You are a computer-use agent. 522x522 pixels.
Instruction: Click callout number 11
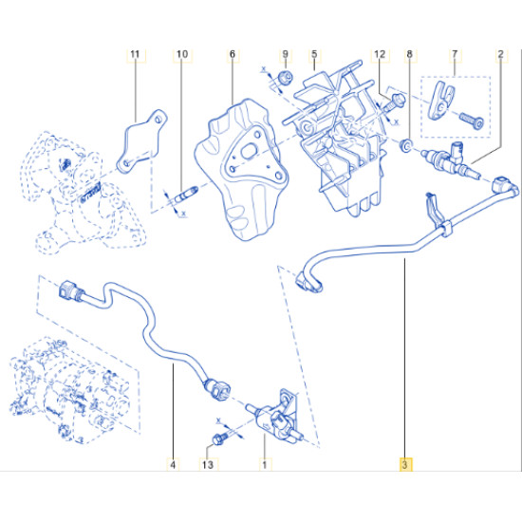[x=135, y=54]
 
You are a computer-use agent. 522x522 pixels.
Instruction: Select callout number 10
[x=182, y=54]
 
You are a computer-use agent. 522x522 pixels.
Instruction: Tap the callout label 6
[x=233, y=54]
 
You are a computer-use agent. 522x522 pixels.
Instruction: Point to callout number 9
[x=286, y=54]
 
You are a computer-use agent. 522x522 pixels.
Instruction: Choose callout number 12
[x=380, y=54]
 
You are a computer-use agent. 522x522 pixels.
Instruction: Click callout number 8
[x=409, y=54]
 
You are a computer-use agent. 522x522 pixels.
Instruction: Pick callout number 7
[x=455, y=54]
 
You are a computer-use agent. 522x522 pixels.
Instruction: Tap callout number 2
[x=501, y=54]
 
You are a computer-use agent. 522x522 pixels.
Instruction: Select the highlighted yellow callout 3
[x=405, y=464]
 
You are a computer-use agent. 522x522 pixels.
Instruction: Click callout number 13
[x=208, y=464]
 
